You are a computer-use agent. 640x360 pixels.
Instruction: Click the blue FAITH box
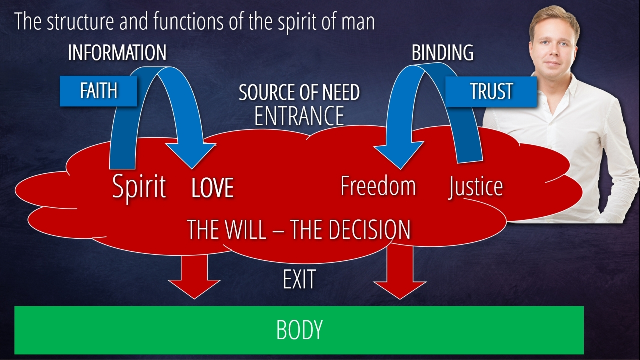pyautogui.click(x=98, y=91)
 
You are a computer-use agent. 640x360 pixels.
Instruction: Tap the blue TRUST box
pyautogui.click(x=491, y=91)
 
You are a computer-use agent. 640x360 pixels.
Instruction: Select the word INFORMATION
pyautogui.click(x=117, y=53)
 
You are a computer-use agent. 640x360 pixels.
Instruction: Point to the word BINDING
pyautogui.click(x=442, y=53)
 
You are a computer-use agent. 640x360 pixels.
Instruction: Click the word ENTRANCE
pyautogui.click(x=299, y=115)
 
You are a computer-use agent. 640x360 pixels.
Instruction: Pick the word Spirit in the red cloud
pyautogui.click(x=139, y=187)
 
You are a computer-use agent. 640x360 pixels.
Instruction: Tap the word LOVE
pyautogui.click(x=213, y=188)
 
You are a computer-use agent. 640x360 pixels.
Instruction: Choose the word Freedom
pyautogui.click(x=378, y=186)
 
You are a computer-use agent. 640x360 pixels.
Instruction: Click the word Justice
pyautogui.click(x=475, y=187)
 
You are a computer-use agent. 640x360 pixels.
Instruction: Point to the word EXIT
pyautogui.click(x=299, y=280)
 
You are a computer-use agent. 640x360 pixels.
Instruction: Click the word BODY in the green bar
pyautogui.click(x=299, y=330)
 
